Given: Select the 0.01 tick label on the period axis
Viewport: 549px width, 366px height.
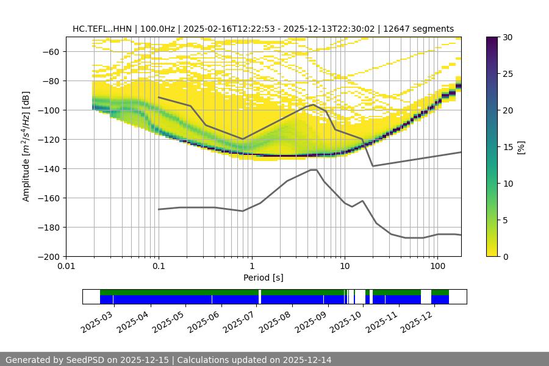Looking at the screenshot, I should [66, 266].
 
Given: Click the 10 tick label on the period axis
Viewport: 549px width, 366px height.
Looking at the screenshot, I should [344, 266].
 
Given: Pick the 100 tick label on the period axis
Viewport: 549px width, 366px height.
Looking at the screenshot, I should [437, 266].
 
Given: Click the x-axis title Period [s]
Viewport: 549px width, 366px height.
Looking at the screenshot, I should [263, 278].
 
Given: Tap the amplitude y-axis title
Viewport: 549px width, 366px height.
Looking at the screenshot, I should [26, 146].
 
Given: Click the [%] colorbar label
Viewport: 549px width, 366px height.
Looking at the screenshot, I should [520, 147].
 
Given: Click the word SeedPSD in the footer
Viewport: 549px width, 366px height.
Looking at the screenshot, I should [87, 360].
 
